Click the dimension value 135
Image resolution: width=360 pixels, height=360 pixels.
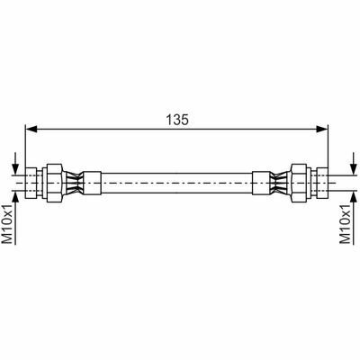(x=177, y=120)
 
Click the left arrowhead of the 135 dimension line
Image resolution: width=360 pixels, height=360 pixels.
(x=31, y=129)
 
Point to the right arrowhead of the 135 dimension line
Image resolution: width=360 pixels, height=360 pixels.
(x=322, y=129)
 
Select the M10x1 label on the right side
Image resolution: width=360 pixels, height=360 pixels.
(x=346, y=225)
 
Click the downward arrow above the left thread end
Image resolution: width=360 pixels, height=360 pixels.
(x=15, y=163)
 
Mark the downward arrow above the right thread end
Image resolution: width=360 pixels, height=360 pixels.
(x=353, y=163)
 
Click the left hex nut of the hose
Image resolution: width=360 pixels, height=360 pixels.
(x=54, y=183)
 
